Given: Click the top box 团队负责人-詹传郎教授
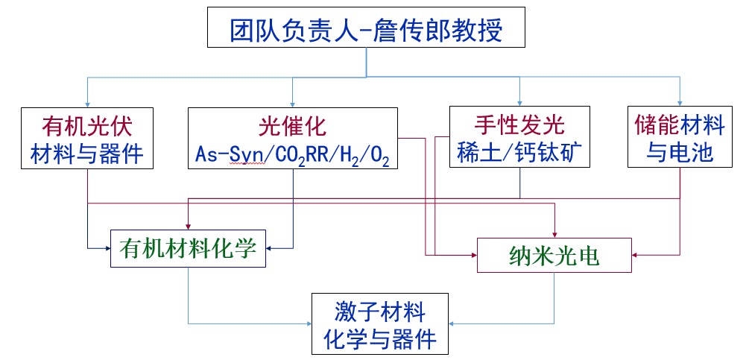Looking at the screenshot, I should [367, 31].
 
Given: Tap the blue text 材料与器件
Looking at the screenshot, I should [88, 153].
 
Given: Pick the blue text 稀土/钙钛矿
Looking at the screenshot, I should [519, 153].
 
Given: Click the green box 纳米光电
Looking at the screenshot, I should [554, 256].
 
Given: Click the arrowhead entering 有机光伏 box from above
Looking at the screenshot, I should [88, 104].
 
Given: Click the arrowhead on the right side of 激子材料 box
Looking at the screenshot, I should [454, 323].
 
